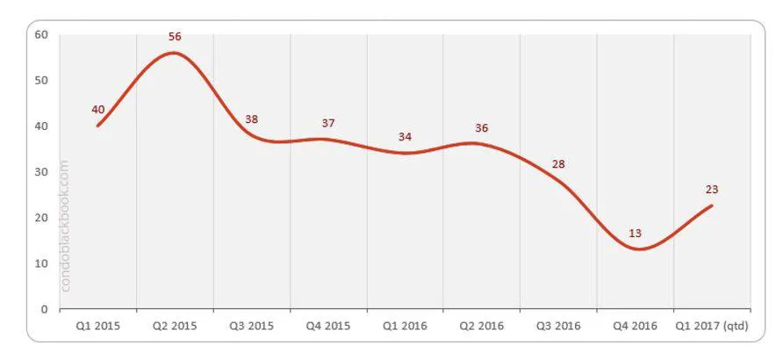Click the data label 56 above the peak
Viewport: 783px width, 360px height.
click(175, 36)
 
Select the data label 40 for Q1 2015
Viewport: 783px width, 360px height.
click(98, 110)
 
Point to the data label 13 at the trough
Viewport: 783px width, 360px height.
click(635, 234)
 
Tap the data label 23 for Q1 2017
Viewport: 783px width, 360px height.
click(712, 189)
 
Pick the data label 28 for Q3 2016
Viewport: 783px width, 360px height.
click(558, 164)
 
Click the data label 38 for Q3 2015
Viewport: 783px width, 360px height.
click(252, 119)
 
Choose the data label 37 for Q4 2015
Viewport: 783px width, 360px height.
click(328, 123)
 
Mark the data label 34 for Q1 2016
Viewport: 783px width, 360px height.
click(405, 136)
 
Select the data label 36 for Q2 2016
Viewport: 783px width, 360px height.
click(481, 128)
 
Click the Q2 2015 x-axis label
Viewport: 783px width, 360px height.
click(175, 326)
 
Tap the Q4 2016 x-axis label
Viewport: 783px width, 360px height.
click(635, 326)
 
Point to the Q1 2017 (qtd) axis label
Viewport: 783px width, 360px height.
click(712, 326)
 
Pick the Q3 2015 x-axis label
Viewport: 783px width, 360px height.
click(252, 326)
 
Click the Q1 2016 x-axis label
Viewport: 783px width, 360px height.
click(405, 326)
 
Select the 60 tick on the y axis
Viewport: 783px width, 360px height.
click(41, 34)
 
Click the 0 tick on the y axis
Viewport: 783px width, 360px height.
click(45, 309)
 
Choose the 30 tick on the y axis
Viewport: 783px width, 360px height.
click(41, 172)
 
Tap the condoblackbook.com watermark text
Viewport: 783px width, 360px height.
click(66, 225)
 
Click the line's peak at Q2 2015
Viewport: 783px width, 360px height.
click(174, 53)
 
